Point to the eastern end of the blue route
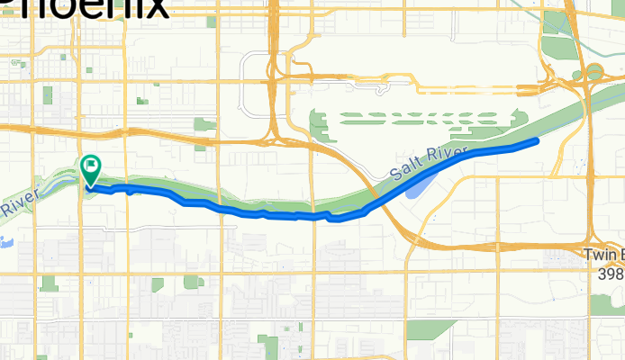click(537, 141)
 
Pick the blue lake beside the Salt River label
click(416, 186)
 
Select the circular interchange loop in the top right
click(594, 71)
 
